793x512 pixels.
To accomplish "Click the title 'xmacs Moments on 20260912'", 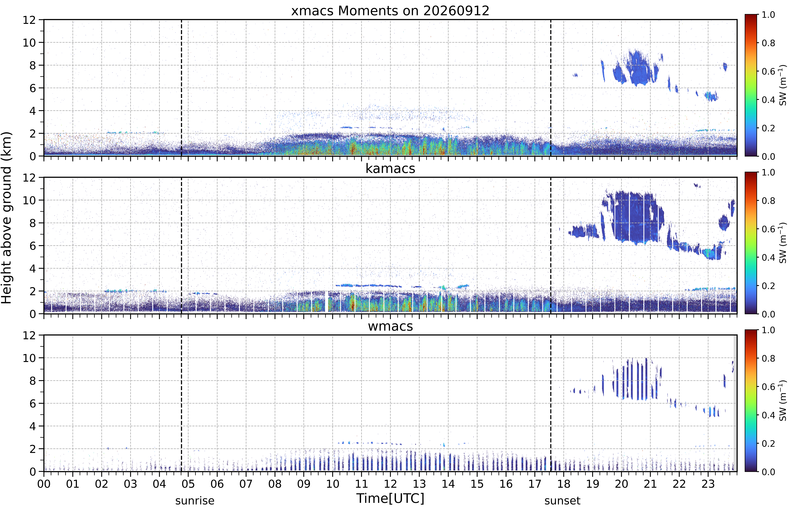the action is pos(390,11).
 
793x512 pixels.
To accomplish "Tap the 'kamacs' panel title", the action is pos(390,169).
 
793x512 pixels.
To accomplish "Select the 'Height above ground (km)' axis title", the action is pos(7,218).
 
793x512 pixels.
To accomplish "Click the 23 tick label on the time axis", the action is pos(708,484).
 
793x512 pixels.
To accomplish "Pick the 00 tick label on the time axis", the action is pos(44,484).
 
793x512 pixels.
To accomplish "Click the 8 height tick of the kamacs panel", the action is pos(33,223).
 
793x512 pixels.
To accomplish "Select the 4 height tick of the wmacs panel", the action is pos(33,426).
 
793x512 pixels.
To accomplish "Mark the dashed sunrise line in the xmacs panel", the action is pos(181,88).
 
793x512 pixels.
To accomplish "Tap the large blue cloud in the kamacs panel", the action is pos(633,218).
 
